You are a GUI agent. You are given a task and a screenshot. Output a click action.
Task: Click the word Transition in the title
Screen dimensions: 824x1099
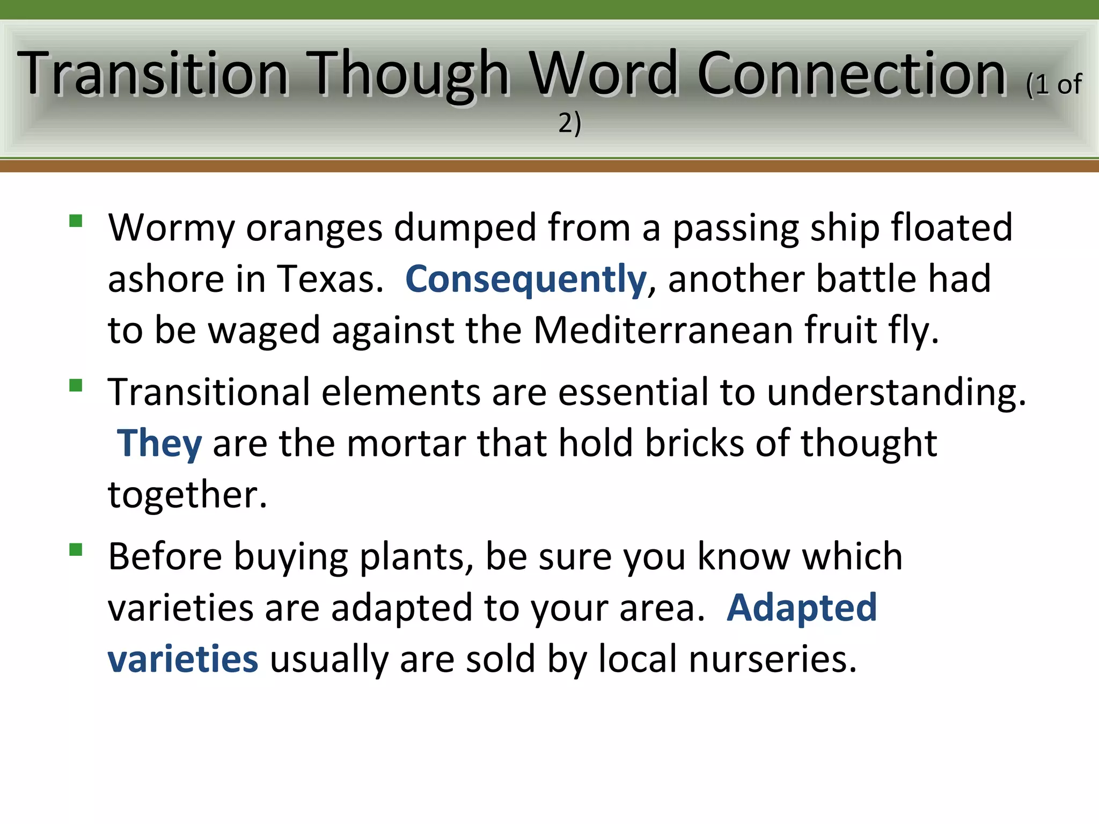pos(153,73)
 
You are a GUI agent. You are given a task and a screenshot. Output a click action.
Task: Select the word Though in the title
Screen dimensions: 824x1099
pos(411,73)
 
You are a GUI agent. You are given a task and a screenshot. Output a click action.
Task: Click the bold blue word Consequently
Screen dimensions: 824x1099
pos(526,279)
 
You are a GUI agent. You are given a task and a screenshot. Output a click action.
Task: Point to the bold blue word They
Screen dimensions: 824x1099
pos(159,444)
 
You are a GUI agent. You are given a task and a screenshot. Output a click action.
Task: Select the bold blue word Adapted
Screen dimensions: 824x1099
pos(802,608)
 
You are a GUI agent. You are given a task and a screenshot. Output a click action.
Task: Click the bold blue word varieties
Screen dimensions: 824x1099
pos(183,659)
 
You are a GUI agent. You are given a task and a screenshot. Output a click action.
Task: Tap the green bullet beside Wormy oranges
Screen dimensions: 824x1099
pos(76,221)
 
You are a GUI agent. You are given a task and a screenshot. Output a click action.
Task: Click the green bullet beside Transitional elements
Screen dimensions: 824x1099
pos(76,385)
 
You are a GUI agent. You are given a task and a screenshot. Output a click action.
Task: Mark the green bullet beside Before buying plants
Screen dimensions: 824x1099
pos(76,550)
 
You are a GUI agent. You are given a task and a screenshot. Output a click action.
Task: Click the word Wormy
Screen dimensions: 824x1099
pos(171,228)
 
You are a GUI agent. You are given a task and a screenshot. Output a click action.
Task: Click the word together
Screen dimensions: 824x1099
pos(187,495)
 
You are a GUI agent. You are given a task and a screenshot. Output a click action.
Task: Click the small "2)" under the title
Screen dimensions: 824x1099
pos(569,123)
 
